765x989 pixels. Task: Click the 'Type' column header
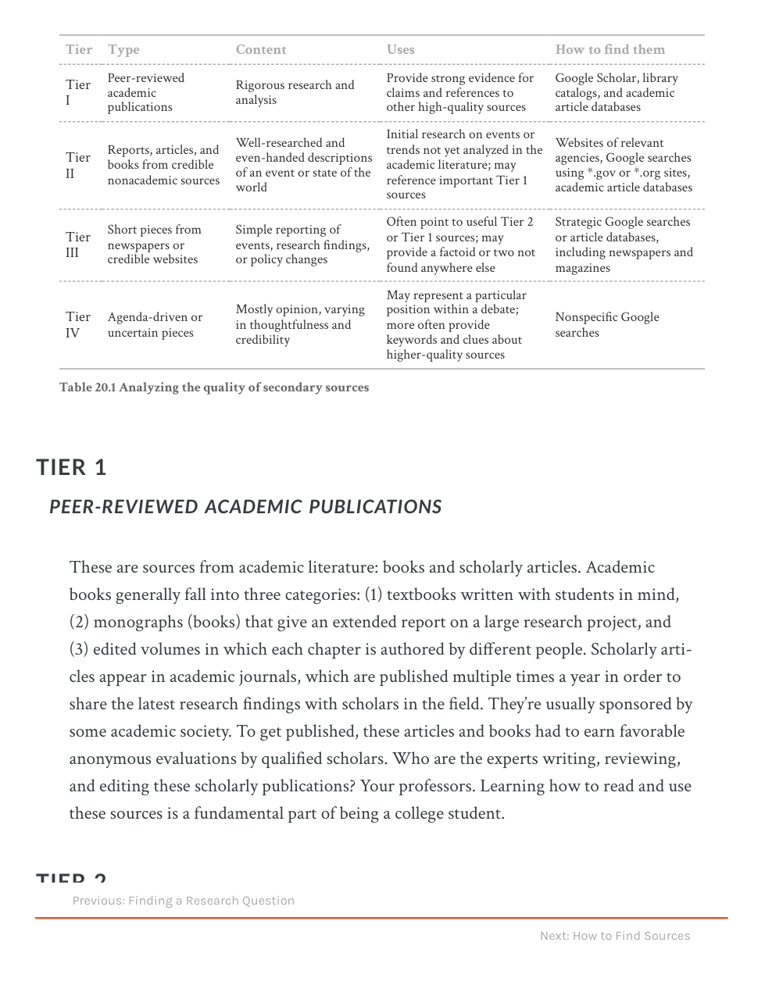pyautogui.click(x=123, y=49)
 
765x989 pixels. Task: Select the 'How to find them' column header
pyautogui.click(x=609, y=49)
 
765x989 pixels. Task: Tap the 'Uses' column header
pyautogui.click(x=400, y=49)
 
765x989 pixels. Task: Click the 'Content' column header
pyautogui.click(x=261, y=49)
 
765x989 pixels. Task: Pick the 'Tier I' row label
pyautogui.click(x=77, y=92)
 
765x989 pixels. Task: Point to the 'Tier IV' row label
pyautogui.click(x=77, y=324)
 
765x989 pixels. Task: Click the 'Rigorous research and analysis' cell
pyautogui.click(x=295, y=92)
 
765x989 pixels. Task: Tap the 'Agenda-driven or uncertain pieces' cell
pyautogui.click(x=155, y=324)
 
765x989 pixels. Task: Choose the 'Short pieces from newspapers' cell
pyautogui.click(x=154, y=245)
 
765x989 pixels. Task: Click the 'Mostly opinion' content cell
pyautogui.click(x=300, y=324)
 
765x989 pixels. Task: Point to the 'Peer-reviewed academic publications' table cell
pyautogui.click(x=145, y=92)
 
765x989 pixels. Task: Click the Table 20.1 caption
pyautogui.click(x=214, y=387)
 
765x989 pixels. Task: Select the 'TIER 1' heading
pyautogui.click(x=71, y=467)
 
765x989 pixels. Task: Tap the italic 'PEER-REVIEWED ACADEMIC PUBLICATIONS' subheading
pyautogui.click(x=245, y=507)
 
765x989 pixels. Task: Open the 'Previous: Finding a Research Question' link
pyautogui.click(x=184, y=901)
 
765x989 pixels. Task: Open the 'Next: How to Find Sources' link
pyautogui.click(x=615, y=936)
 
